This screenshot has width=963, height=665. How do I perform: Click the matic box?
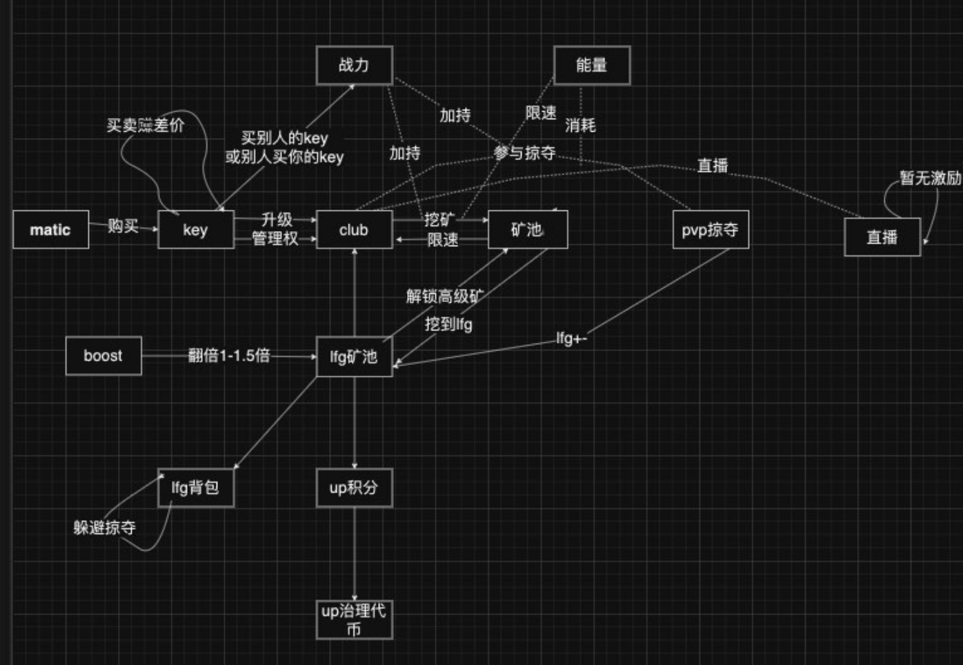click(x=50, y=230)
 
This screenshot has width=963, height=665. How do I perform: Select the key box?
click(x=196, y=230)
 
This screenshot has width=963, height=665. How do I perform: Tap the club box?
click(x=354, y=230)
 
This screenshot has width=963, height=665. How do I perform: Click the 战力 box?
click(x=354, y=66)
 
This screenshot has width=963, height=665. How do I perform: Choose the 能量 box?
click(x=592, y=66)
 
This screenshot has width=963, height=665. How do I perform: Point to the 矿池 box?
click(x=528, y=230)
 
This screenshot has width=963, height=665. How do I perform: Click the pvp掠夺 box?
click(x=711, y=230)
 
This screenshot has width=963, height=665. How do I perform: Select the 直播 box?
click(x=882, y=237)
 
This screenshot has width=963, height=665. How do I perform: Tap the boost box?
click(x=103, y=356)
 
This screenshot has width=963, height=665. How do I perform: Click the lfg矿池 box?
click(x=354, y=357)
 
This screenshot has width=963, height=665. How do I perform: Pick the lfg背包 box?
click(x=196, y=488)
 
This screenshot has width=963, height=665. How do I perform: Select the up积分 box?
click(x=354, y=488)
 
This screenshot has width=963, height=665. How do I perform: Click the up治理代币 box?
click(x=354, y=619)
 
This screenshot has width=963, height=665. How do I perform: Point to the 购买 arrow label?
click(x=123, y=226)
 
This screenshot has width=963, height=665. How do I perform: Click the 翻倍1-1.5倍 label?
click(x=229, y=356)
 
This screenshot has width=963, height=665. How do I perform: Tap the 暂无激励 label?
click(x=930, y=178)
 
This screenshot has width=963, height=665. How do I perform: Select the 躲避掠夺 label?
click(x=105, y=528)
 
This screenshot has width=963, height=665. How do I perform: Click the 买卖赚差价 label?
click(x=146, y=125)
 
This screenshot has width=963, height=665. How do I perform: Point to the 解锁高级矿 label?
click(x=444, y=297)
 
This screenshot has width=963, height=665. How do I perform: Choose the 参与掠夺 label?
click(x=524, y=152)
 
